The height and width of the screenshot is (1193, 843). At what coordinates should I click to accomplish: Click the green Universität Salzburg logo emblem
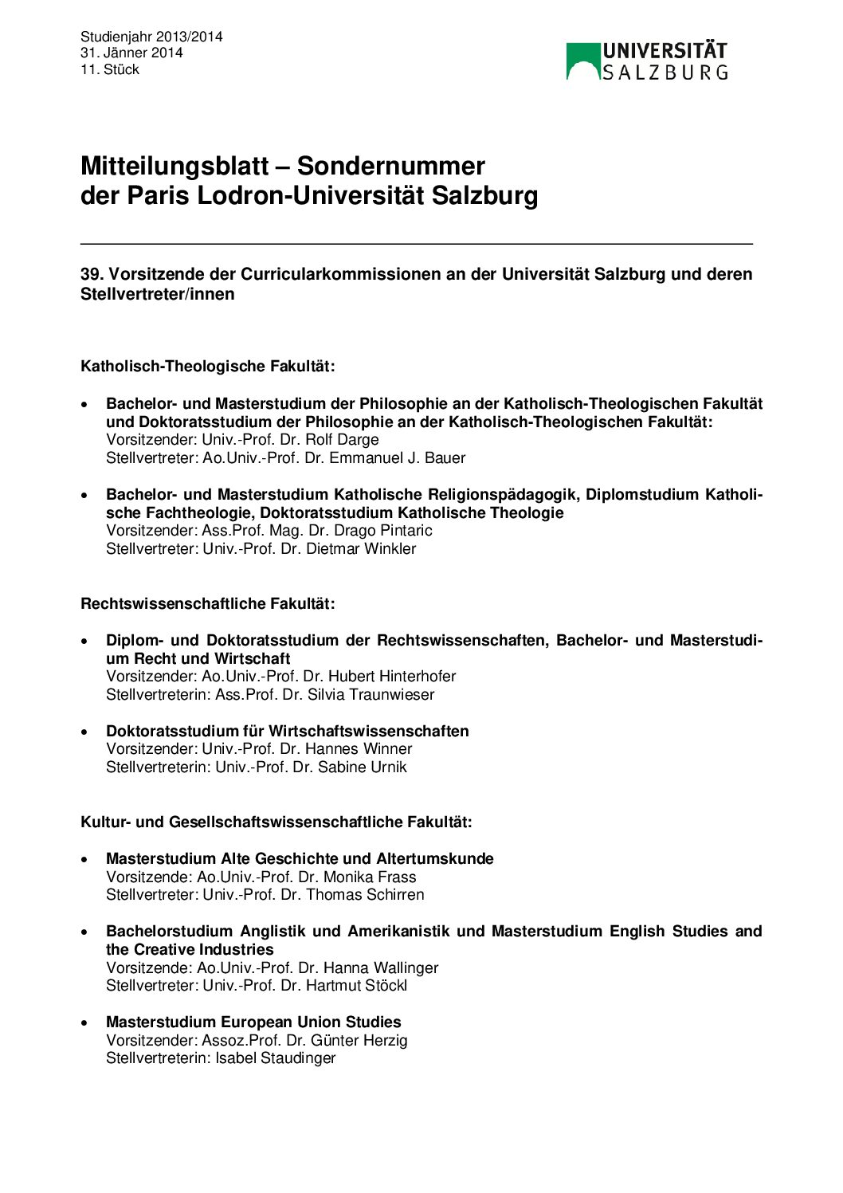pyautogui.click(x=582, y=62)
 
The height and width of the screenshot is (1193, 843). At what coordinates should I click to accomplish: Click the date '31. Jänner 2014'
pyautogui.click(x=131, y=53)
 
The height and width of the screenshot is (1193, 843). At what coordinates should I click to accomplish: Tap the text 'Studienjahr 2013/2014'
pyautogui.click(x=151, y=37)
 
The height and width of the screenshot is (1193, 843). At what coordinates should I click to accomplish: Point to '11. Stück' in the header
pyautogui.click(x=110, y=69)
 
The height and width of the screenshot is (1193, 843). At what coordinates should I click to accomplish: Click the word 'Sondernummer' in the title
pyautogui.click(x=390, y=166)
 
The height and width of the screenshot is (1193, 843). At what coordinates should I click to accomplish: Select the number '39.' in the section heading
pyautogui.click(x=92, y=274)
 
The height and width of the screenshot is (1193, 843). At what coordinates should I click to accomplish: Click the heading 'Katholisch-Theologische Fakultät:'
pyautogui.click(x=207, y=367)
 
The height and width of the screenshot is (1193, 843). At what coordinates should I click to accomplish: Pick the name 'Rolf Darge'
pyautogui.click(x=342, y=440)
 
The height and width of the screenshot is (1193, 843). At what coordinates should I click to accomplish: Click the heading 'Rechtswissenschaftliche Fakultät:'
pyautogui.click(x=207, y=604)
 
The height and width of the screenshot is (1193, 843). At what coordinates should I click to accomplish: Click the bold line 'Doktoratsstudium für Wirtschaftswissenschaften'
pyautogui.click(x=287, y=732)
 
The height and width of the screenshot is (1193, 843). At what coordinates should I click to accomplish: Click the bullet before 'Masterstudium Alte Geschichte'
pyautogui.click(x=85, y=860)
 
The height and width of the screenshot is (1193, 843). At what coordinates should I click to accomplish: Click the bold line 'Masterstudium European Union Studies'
pyautogui.click(x=253, y=1022)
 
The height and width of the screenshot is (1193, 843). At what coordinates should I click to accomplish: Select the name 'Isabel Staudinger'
pyautogui.click(x=275, y=1058)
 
